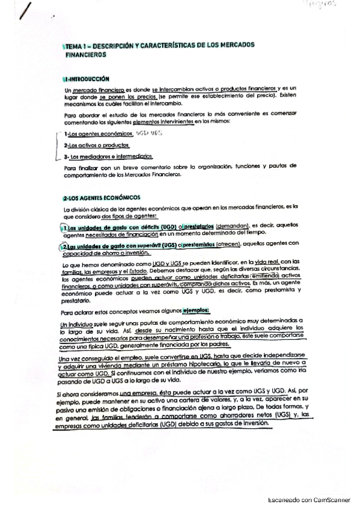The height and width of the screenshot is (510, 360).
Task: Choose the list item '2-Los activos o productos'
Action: (x=97, y=146)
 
